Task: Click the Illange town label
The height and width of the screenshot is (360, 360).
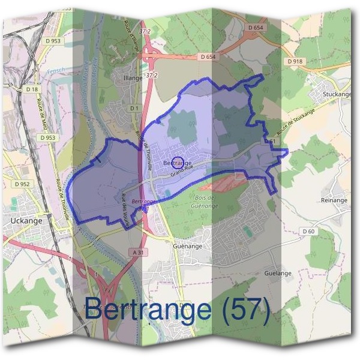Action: coord(133,77)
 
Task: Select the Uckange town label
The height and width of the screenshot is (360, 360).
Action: coord(26,221)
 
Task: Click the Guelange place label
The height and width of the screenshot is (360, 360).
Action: coord(278,273)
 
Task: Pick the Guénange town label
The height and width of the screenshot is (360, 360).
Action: coord(188,246)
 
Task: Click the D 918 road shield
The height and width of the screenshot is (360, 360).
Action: coord(295,61)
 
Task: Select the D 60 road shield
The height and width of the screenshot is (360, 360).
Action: coord(308,231)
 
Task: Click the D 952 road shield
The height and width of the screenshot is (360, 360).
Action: coord(22,184)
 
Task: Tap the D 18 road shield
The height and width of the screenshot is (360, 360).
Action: coord(32,89)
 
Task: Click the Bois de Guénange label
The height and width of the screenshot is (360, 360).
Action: coord(206,202)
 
